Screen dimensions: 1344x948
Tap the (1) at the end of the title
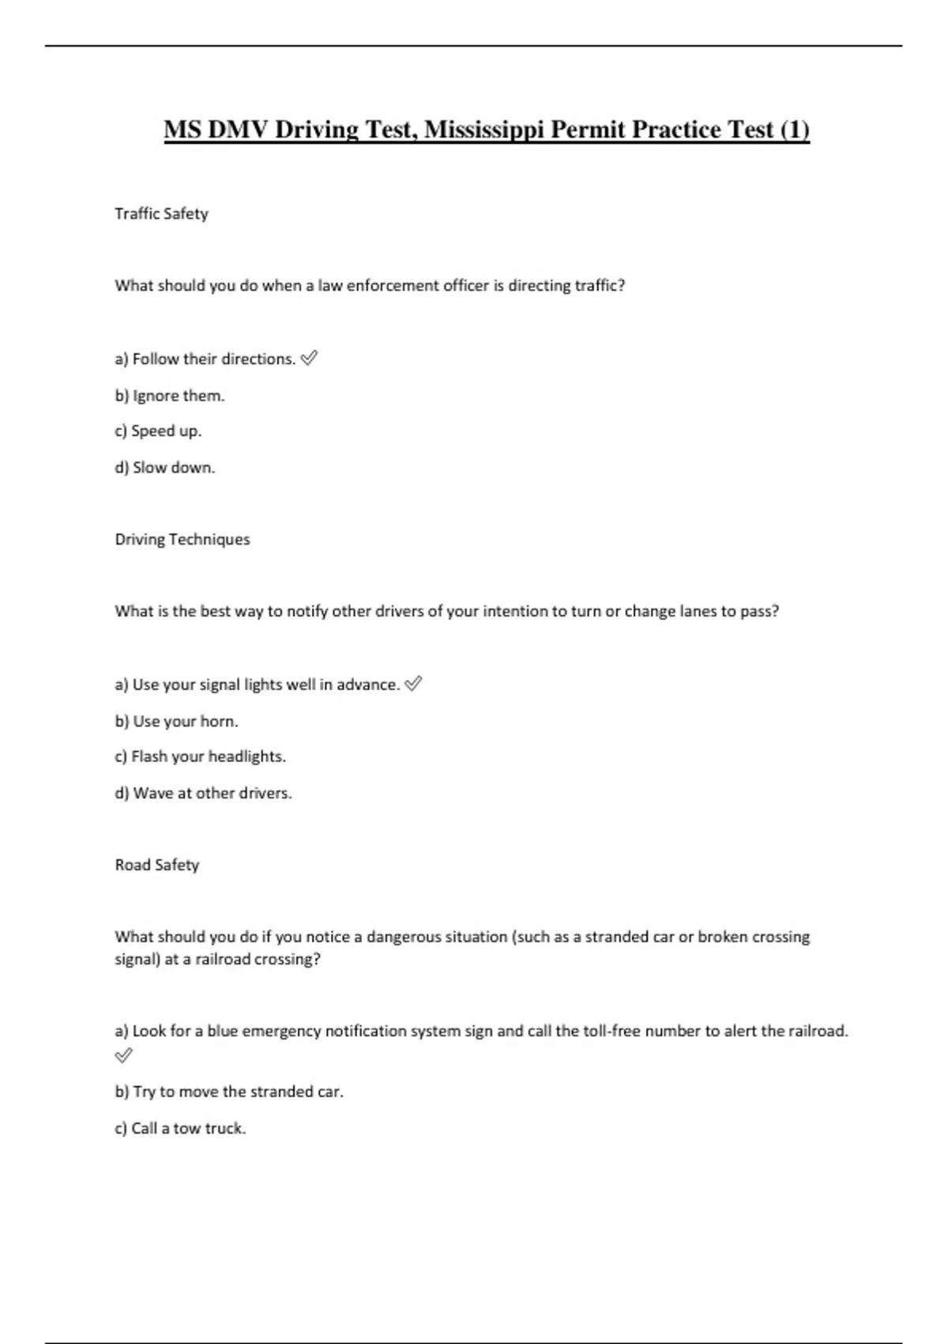click(x=794, y=129)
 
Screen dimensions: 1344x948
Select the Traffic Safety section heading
click(x=161, y=213)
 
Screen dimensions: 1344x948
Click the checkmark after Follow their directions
click(x=309, y=358)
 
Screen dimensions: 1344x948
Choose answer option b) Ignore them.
click(x=170, y=395)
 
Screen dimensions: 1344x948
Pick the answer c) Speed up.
click(x=158, y=431)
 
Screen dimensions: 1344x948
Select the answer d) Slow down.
click(x=164, y=467)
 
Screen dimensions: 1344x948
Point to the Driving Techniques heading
click(x=182, y=539)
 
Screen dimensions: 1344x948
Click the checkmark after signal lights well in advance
click(x=413, y=684)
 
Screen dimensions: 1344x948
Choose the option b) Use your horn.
click(x=176, y=721)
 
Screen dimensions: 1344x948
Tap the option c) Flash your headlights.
click(x=201, y=757)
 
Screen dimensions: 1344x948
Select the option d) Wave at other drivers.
click(x=204, y=793)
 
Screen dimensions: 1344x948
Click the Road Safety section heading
click(x=157, y=865)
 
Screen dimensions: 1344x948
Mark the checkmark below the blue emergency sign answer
click(x=124, y=1055)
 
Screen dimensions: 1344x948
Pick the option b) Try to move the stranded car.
click(x=229, y=1092)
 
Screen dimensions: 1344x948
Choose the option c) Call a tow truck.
click(x=180, y=1128)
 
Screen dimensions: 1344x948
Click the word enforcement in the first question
click(x=393, y=285)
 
